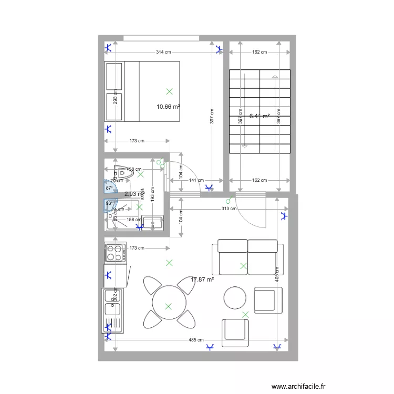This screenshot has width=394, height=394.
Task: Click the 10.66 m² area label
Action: point(168,107)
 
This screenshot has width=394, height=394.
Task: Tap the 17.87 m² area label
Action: point(202,280)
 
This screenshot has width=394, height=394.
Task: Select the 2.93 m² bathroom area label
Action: point(133,194)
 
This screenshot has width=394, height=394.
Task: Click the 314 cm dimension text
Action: point(163,52)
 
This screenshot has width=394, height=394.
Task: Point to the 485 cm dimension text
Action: point(196,340)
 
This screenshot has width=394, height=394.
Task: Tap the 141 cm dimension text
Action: point(196,180)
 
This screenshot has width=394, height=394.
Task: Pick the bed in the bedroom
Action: point(142,91)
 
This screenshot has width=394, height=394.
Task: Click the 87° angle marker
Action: point(109,188)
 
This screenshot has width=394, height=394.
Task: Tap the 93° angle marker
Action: point(109,204)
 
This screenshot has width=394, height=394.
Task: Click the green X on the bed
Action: point(169,91)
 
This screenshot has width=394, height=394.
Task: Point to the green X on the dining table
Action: point(168,306)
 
